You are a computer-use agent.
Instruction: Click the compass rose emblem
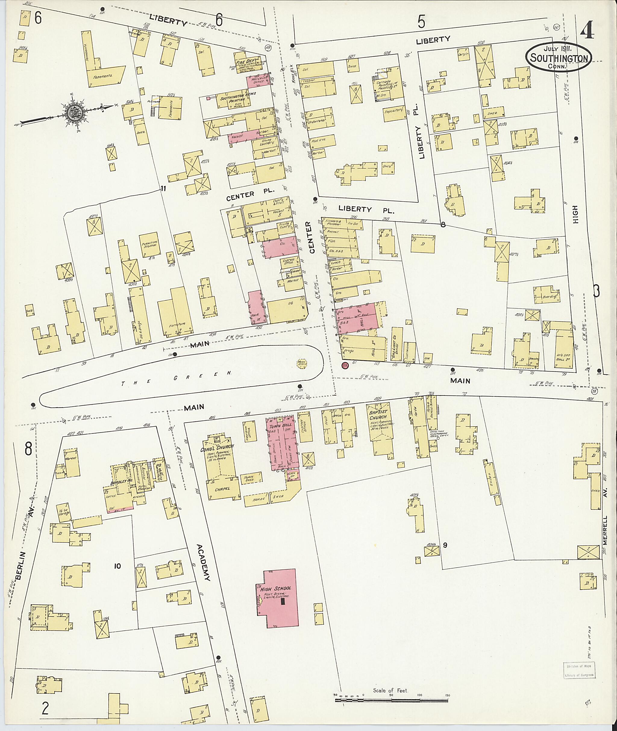click(x=76, y=112)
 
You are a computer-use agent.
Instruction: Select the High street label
click(x=575, y=215)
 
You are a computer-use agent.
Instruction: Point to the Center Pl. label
click(x=250, y=195)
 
